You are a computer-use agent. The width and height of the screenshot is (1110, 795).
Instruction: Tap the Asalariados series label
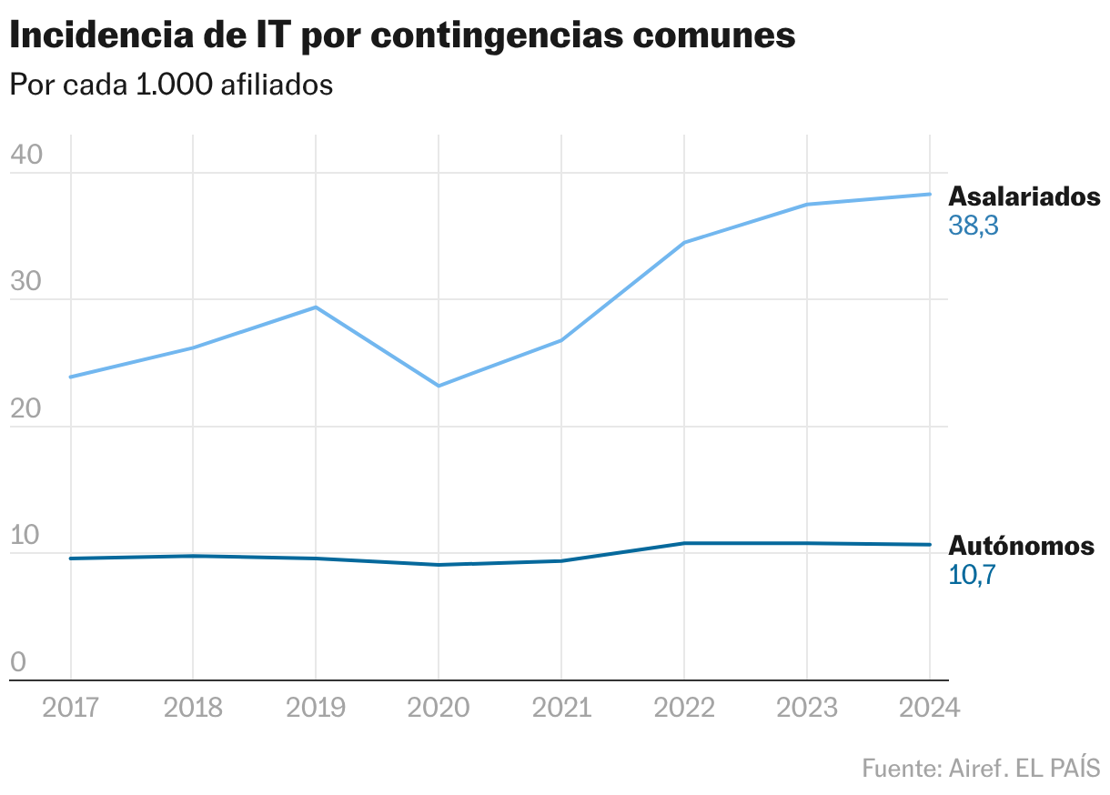pos(1024,196)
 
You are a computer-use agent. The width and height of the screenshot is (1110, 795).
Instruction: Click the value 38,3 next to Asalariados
pos(974,226)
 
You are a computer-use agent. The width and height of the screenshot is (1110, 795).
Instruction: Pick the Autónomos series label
pos(1021,546)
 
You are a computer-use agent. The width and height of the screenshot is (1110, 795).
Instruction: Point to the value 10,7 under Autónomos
pos(973,575)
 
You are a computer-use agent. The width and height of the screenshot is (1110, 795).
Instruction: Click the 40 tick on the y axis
pos(26,156)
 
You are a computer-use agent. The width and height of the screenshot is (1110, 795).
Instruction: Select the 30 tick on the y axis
pos(26,282)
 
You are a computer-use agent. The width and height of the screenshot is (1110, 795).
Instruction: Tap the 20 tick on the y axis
pos(26,408)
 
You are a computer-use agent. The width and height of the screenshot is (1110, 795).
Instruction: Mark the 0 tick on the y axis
pos(18,663)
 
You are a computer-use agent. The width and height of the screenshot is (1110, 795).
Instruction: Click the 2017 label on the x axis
pos(70,708)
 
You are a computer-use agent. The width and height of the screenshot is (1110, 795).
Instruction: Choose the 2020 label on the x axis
pos(439,708)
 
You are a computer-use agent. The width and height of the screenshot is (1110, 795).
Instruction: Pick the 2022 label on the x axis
pos(684,708)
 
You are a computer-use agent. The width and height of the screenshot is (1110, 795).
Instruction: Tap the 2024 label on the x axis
pos(929,708)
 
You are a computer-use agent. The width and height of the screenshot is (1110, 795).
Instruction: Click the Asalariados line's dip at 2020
pos(439,386)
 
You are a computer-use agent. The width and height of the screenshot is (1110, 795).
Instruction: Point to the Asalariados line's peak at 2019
pos(316,307)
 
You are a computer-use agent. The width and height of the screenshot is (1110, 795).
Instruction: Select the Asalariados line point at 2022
pos(684,243)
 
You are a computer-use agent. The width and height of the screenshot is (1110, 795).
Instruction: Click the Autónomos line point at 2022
pos(684,543)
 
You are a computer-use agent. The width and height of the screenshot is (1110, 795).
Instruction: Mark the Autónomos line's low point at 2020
pos(439,565)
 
